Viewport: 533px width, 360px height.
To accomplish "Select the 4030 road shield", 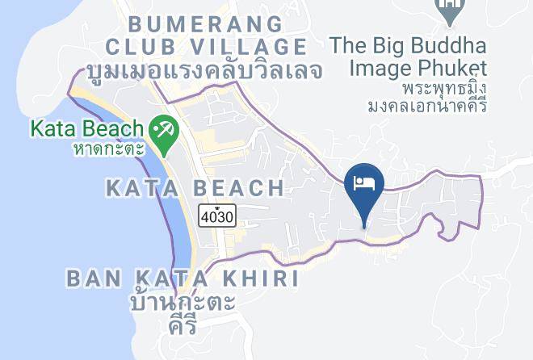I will tap(218, 216).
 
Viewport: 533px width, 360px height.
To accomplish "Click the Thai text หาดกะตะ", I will tap(107, 148).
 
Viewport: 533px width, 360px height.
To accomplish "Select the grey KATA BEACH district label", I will tap(195, 189).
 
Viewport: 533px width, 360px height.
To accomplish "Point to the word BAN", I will tap(90, 279).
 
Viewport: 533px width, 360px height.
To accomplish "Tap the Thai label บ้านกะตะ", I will tap(182, 304).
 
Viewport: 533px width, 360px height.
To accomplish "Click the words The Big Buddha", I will tap(430, 44).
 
